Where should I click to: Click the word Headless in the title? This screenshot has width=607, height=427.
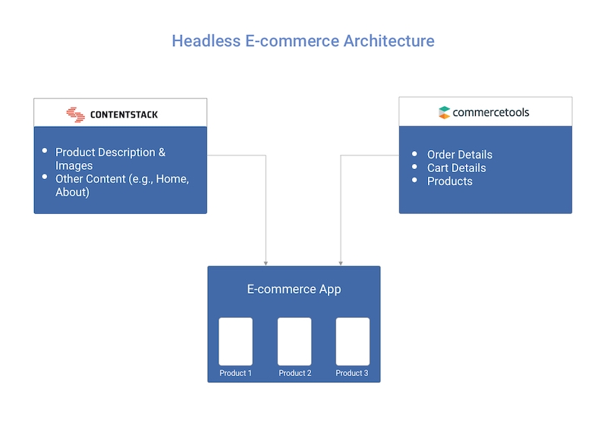point(206,41)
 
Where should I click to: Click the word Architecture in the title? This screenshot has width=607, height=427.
point(389,41)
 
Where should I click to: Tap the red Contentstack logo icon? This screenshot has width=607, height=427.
point(75,115)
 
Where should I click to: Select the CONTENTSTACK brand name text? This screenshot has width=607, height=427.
point(124,115)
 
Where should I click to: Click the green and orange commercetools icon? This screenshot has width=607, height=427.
point(444,112)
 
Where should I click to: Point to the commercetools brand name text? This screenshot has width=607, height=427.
point(490,112)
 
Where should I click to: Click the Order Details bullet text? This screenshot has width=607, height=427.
point(460,155)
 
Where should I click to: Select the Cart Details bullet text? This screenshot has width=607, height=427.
point(457,168)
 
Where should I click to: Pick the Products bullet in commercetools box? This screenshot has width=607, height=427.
point(450,181)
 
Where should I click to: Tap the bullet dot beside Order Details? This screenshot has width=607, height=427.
point(414,154)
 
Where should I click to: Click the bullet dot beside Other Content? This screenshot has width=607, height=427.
point(45,177)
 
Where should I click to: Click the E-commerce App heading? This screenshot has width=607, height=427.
point(294,289)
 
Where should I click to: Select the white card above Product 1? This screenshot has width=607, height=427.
point(235,341)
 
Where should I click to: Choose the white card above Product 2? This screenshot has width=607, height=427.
point(294,341)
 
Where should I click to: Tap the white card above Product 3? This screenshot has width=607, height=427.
point(353,341)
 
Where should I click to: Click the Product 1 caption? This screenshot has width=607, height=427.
point(235,373)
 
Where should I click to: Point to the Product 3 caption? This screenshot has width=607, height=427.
point(352,373)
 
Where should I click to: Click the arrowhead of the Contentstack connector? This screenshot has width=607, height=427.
point(266,264)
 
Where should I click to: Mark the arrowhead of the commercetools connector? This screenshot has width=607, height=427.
point(341,264)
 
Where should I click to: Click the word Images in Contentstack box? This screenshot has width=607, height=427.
point(74,165)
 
